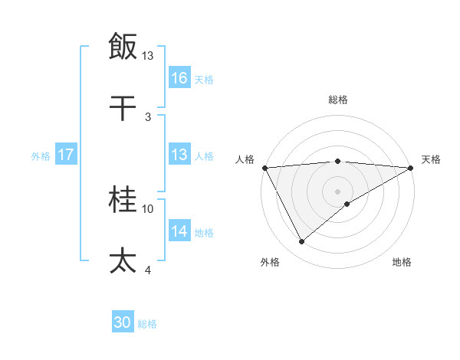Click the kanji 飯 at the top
[123, 45]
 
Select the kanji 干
[123, 108]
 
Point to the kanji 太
[123, 261]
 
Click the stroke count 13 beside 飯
[148, 56]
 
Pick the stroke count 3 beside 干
[148, 117]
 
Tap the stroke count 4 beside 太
[148, 270]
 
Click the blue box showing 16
[179, 77]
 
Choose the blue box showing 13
[179, 155]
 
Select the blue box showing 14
[179, 231]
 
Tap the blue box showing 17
[66, 155]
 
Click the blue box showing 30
[123, 323]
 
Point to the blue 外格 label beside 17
[41, 155]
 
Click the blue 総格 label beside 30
[147, 324]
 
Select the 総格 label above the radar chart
[337, 100]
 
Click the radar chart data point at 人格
[264, 168]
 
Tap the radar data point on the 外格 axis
[301, 242]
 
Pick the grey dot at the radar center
[337, 191]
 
